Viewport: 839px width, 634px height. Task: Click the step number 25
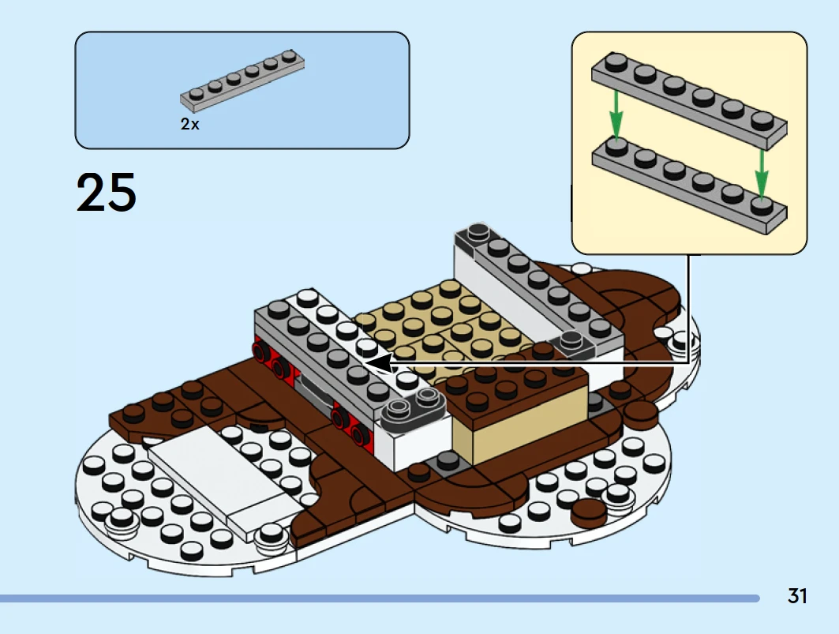click(x=107, y=193)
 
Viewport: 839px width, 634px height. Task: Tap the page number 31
click(x=797, y=596)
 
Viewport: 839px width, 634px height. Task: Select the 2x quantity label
click(x=189, y=124)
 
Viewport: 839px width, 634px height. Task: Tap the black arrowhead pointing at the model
click(x=380, y=363)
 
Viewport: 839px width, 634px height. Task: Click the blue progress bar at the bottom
click(x=379, y=598)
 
